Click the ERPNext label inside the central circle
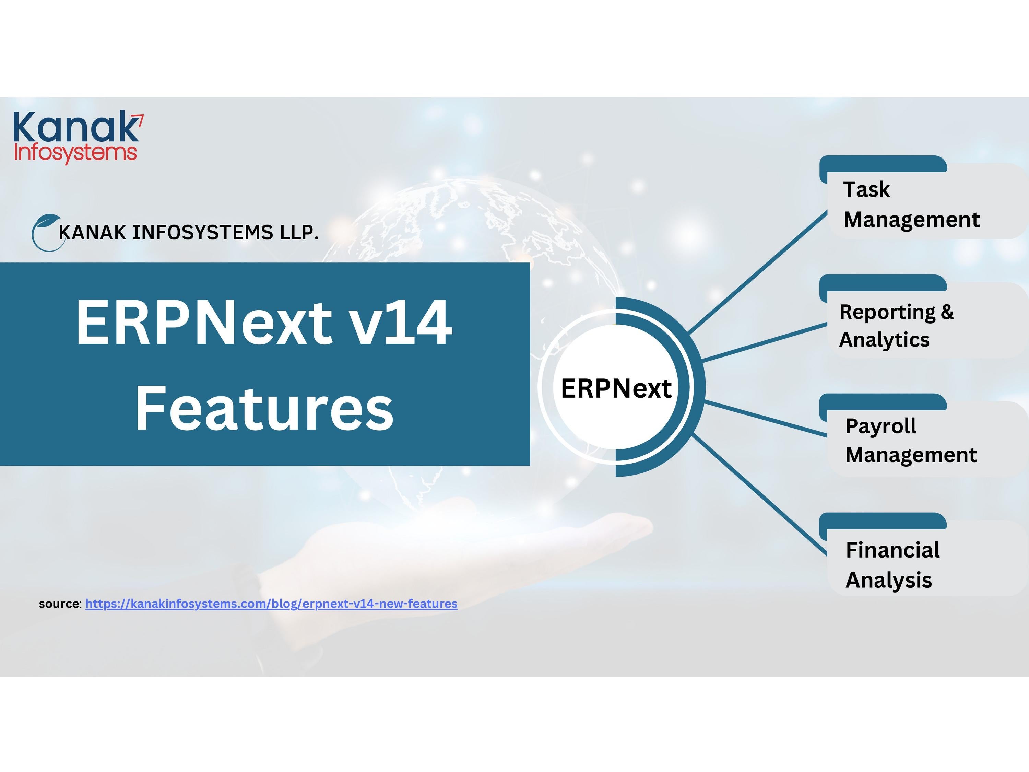point(616,388)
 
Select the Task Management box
point(923,197)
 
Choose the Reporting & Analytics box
point(923,316)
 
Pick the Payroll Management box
point(923,435)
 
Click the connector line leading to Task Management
point(757,272)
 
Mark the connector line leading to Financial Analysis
point(760,495)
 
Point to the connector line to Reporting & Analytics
point(765,342)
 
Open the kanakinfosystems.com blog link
point(271,604)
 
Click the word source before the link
point(60,604)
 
